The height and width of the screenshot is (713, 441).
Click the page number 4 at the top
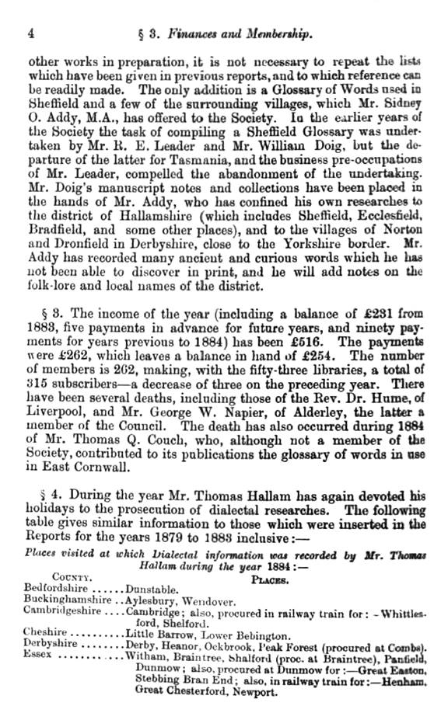pyautogui.click(x=30, y=33)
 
